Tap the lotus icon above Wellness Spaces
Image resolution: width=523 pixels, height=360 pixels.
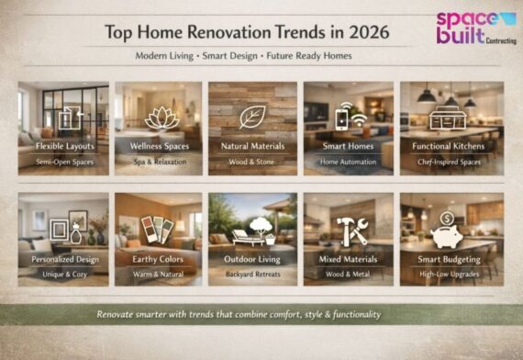click(157, 118)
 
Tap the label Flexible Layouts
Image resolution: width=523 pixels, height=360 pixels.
click(63, 145)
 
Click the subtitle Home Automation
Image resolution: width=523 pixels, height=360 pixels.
click(348, 163)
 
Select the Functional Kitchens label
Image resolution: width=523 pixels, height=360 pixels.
click(444, 145)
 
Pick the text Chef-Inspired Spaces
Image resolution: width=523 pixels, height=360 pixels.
click(444, 163)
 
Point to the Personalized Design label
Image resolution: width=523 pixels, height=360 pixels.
click(63, 259)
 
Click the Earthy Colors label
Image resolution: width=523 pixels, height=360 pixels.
click(158, 259)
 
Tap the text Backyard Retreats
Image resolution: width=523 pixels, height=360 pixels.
click(252, 273)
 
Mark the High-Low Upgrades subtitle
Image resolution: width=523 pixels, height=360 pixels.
click(444, 273)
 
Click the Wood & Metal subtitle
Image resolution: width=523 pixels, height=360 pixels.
click(348, 273)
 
